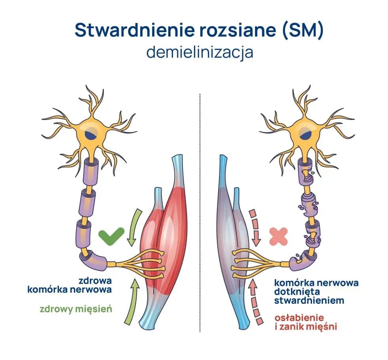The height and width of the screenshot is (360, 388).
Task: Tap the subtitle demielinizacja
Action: (x=200, y=52)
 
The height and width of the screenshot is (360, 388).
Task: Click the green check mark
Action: (x=111, y=236)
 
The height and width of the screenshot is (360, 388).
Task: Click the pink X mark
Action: (x=278, y=236)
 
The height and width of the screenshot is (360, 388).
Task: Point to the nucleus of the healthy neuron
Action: (x=91, y=134)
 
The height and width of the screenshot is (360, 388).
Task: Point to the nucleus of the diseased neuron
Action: (x=305, y=134)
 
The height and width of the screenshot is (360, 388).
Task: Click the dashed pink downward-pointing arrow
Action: (x=255, y=228)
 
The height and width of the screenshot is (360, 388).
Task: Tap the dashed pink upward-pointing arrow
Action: (x=255, y=301)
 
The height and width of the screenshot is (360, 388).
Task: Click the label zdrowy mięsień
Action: (x=76, y=309)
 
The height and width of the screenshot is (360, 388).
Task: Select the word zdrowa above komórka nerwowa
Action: (x=95, y=281)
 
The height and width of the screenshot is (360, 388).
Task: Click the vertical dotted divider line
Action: (x=200, y=213)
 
